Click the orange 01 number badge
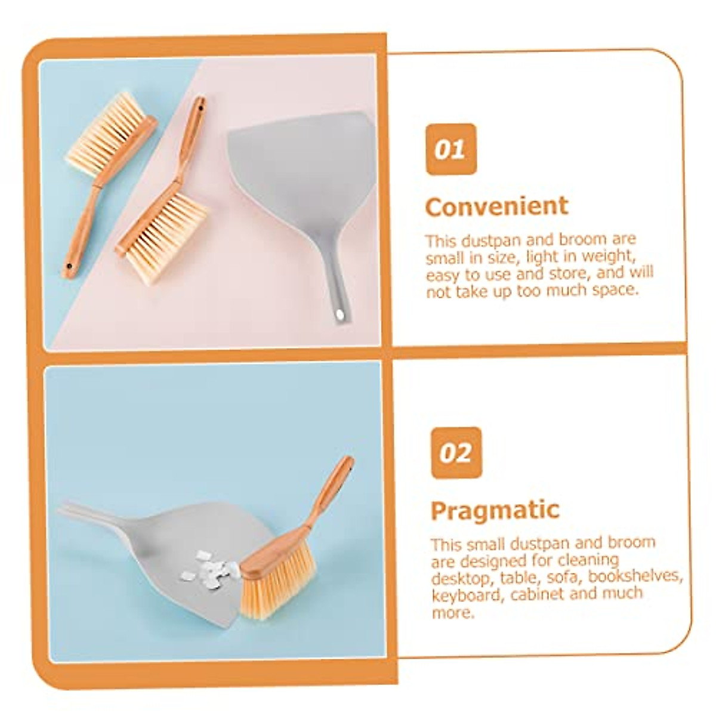pos(451,149)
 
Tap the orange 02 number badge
pos(456,453)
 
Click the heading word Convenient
pos(496,206)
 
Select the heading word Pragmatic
pos(495,511)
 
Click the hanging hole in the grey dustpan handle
pos(340,314)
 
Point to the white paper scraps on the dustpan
pos(211,567)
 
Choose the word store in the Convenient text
pos(548,273)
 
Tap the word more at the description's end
pos(452,612)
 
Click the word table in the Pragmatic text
pos(517,576)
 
